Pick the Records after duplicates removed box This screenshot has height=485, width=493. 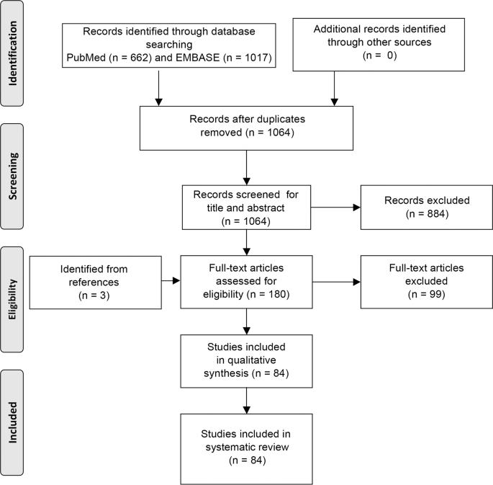(x=247, y=125)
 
